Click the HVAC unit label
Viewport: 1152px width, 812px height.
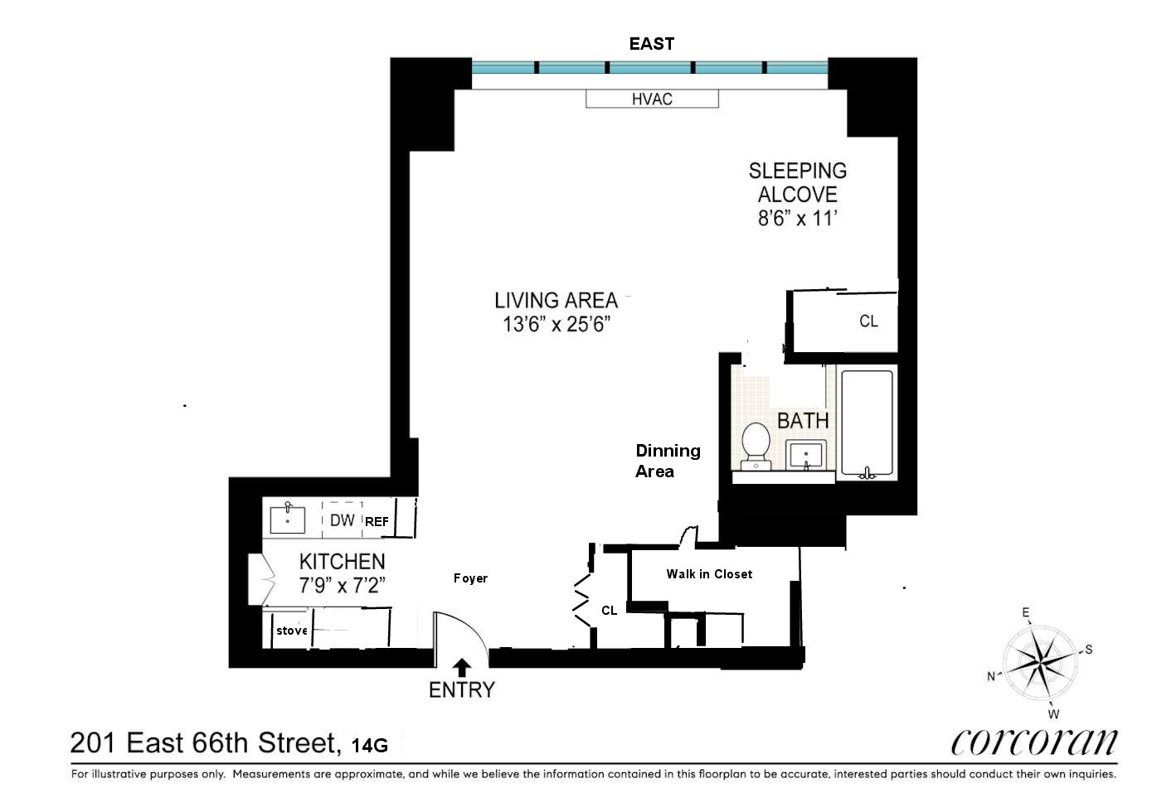[x=652, y=99]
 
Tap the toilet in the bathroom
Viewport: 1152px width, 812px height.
[x=756, y=445]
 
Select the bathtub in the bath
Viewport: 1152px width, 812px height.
[x=867, y=423]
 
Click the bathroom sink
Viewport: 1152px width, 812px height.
[x=804, y=455]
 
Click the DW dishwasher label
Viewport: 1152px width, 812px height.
[x=342, y=520]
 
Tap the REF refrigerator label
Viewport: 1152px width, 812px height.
[x=377, y=522]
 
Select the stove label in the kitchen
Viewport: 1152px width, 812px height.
[x=292, y=631]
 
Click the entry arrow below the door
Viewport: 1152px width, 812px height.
[x=462, y=666]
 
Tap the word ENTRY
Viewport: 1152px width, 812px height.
[x=461, y=689]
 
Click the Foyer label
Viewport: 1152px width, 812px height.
[x=470, y=578]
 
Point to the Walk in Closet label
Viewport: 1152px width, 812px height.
[x=709, y=573]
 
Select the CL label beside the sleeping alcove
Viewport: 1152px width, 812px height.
[x=868, y=321]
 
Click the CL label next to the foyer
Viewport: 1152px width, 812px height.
[x=609, y=611]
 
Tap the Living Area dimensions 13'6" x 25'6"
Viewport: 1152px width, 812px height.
[x=556, y=324]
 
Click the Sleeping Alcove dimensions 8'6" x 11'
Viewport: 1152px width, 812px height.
[x=797, y=219]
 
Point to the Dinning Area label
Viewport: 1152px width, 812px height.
[x=668, y=461]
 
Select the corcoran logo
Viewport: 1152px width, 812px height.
[x=1033, y=742]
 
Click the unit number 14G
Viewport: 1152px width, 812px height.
[x=370, y=745]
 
